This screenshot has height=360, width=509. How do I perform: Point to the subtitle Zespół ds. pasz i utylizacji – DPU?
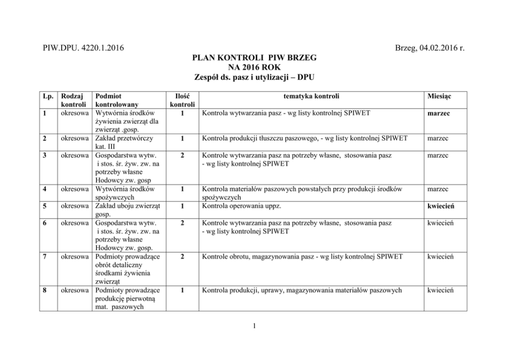[x=254, y=77]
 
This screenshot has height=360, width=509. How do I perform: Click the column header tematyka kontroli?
[x=312, y=96]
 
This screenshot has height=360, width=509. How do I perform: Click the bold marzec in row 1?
[x=438, y=113]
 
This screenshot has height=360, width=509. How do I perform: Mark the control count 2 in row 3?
[x=182, y=155]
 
